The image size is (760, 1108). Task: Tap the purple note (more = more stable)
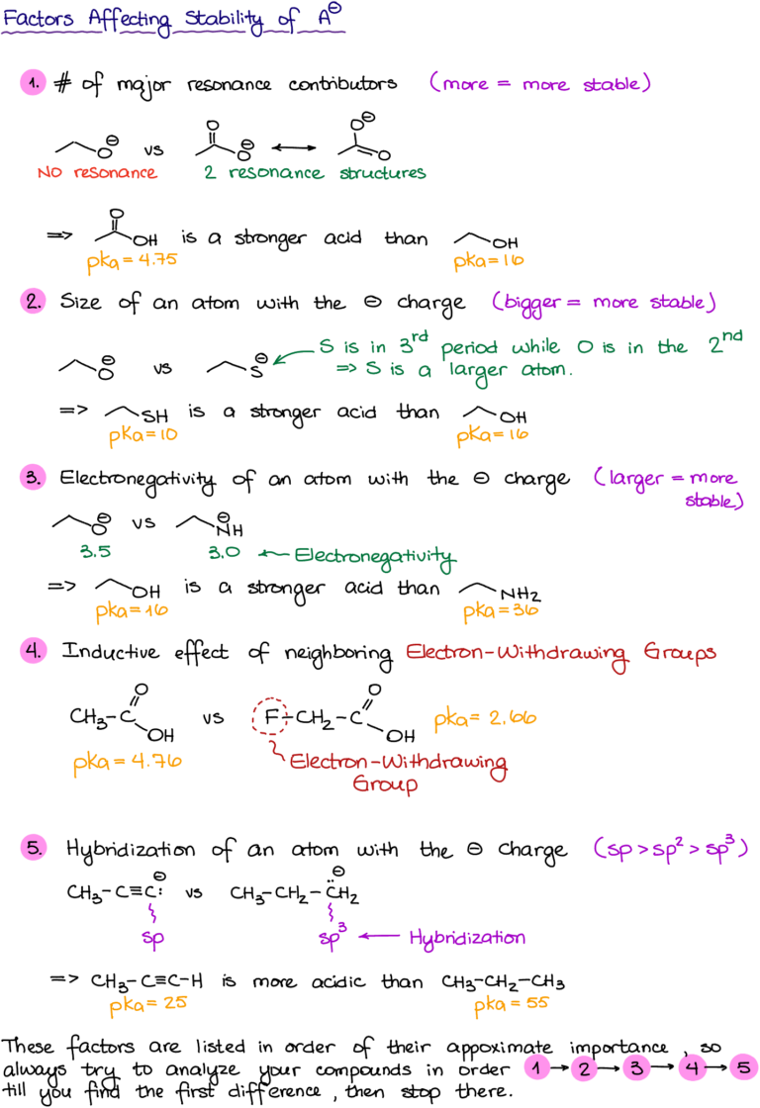tap(540, 84)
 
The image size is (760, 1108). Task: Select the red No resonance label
tap(97, 173)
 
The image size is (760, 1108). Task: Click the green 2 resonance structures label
tap(315, 173)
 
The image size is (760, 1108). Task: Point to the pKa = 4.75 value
tap(132, 263)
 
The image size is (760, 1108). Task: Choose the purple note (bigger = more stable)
tap(604, 303)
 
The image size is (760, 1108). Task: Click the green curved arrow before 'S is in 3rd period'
tap(292, 355)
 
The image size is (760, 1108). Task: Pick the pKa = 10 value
tap(143, 434)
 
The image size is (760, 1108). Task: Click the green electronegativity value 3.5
tap(95, 552)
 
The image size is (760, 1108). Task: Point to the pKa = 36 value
tap(501, 611)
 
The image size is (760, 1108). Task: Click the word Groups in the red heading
tap(679, 654)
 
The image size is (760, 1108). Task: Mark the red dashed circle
tap(270, 715)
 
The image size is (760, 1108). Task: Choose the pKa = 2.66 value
tap(485, 719)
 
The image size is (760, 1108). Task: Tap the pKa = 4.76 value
tap(128, 764)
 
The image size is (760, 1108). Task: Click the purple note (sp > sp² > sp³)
tap(670, 849)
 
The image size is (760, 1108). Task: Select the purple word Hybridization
tap(467, 938)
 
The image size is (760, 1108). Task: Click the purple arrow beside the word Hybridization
tap(378, 936)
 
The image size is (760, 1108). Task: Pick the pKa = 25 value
tap(147, 1005)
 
